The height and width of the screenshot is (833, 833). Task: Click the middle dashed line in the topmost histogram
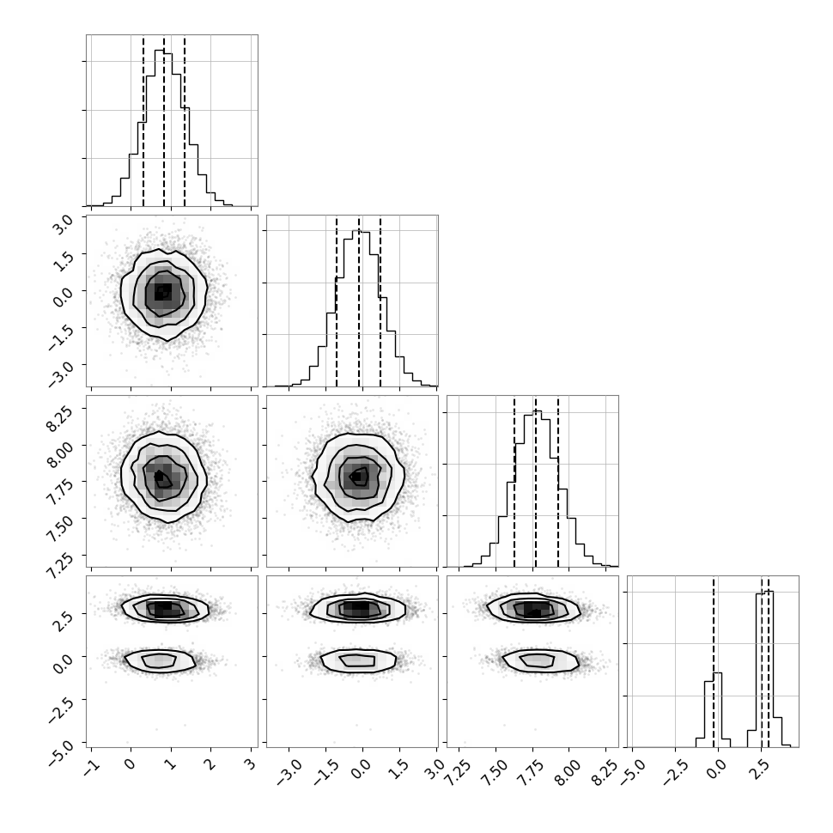164,120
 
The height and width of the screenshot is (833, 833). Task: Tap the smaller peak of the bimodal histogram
718,673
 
